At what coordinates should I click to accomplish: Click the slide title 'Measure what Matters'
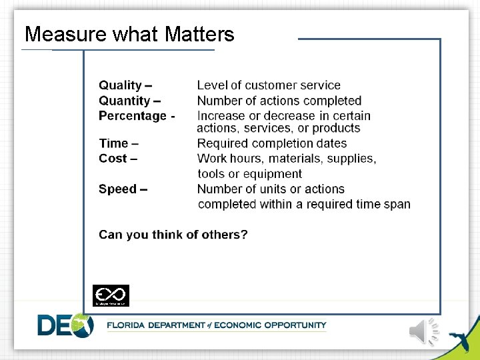pos(129,34)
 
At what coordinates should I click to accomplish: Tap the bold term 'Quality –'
pos(125,85)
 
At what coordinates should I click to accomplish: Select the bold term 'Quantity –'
pos(129,101)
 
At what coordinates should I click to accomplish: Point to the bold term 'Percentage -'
pos(137,116)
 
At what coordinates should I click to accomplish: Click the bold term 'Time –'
pos(119,143)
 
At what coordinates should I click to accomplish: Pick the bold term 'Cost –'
pos(118,159)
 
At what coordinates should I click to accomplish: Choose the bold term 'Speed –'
pos(123,189)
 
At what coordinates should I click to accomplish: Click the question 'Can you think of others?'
pos(173,235)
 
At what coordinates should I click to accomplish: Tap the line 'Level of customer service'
pos(269,85)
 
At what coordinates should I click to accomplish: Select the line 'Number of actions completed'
pos(279,101)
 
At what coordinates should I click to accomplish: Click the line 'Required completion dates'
pos(272,143)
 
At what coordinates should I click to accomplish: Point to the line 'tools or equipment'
pos(249,174)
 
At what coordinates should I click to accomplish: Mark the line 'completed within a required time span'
pos(304,204)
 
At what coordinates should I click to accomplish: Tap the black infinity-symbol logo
pos(111,295)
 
